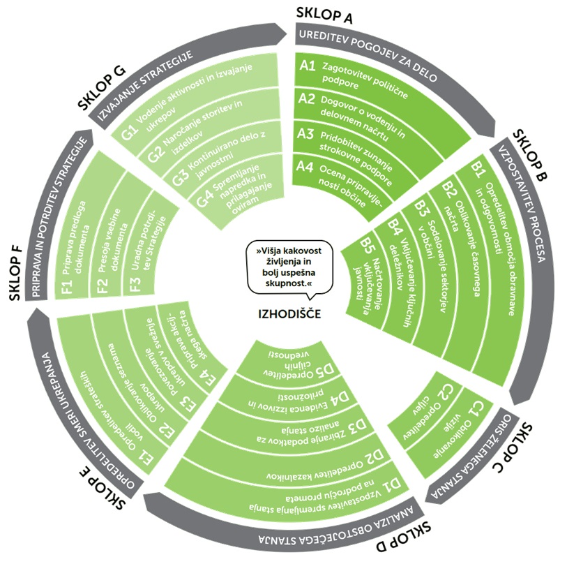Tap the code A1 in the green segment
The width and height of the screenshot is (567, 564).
(x=308, y=67)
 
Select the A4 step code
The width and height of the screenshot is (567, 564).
(x=305, y=167)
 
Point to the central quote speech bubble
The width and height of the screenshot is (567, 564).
(x=288, y=267)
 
